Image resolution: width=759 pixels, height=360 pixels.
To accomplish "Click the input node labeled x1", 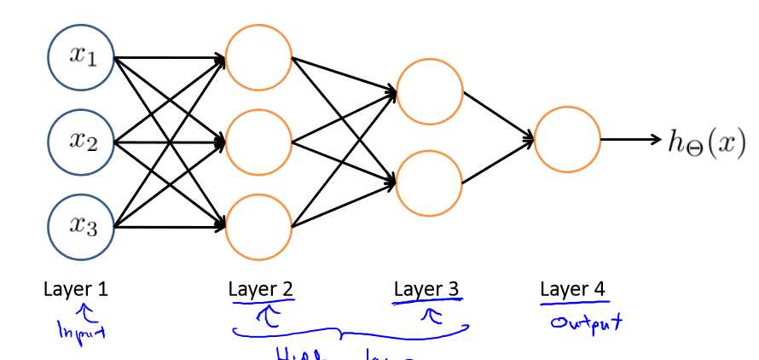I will (81, 58).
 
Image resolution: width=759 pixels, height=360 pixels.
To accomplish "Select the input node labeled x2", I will (81, 142).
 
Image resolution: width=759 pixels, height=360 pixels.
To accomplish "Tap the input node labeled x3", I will (81, 225).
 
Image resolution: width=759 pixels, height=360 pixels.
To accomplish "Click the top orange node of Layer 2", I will (258, 58).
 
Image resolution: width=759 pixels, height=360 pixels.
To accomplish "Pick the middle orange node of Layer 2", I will (258, 142).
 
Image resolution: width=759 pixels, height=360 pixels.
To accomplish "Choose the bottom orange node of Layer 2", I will (258, 225).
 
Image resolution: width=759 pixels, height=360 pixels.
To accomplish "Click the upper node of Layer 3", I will (430, 90).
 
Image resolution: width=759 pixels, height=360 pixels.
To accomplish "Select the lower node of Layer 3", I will (430, 182).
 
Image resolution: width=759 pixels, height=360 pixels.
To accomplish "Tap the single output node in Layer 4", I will (567, 139).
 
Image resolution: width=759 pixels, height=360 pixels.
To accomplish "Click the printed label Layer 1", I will (76, 289).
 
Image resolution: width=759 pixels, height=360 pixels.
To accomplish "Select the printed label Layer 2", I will (261, 289).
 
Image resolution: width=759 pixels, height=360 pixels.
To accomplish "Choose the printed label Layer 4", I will (573, 289).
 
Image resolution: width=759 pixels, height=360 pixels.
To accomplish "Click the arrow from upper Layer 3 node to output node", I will (498, 114).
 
